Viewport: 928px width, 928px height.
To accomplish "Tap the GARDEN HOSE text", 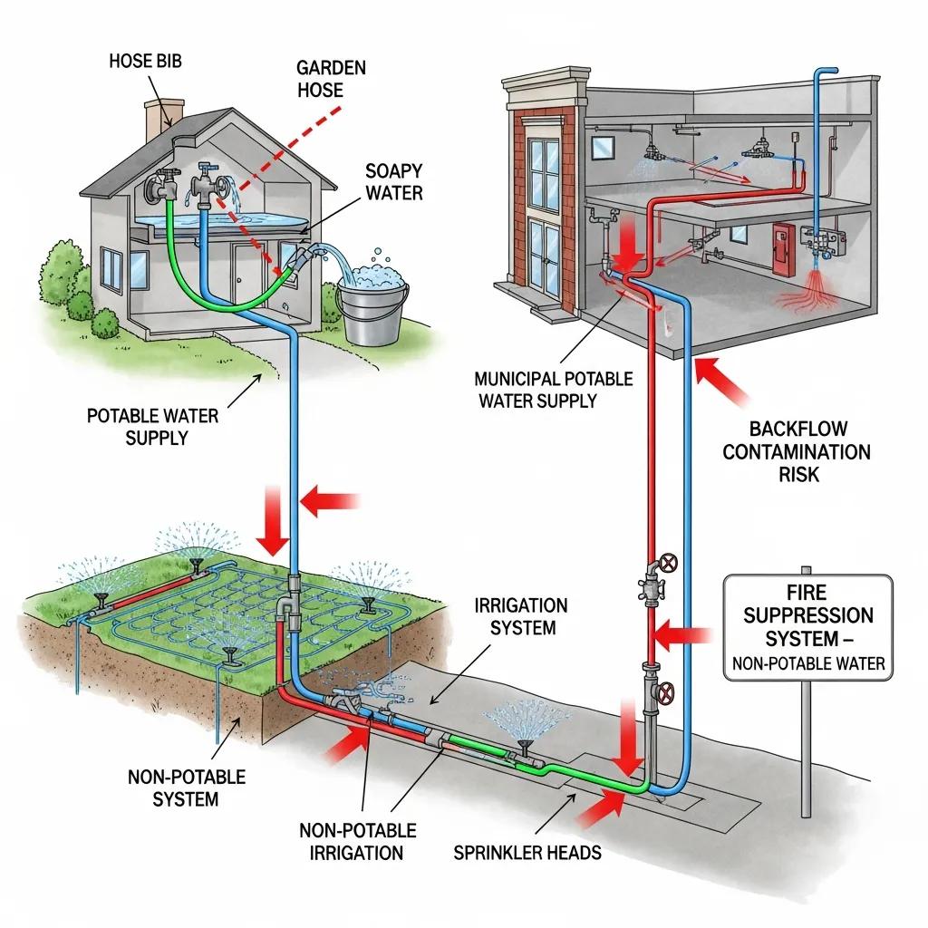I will (x=319, y=78).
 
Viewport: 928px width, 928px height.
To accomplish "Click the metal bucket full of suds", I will (x=372, y=305).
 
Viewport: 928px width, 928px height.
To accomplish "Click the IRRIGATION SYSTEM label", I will (x=520, y=616).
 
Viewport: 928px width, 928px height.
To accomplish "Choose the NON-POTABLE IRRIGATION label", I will (x=357, y=841).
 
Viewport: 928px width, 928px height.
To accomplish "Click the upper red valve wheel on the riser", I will (x=669, y=564).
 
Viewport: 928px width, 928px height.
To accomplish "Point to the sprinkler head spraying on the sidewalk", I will (x=522, y=745).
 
